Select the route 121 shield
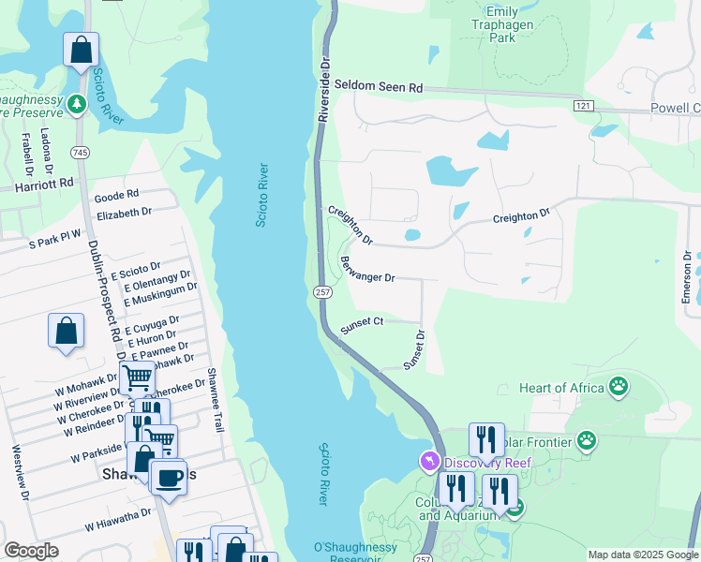584,106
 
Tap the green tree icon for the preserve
77,104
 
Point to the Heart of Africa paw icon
618,385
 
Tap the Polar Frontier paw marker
587,439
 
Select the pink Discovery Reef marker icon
429,462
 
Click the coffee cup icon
168,477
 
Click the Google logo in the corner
31,551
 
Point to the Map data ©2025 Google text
643,555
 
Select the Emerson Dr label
687,277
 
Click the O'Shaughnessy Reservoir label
346,551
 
